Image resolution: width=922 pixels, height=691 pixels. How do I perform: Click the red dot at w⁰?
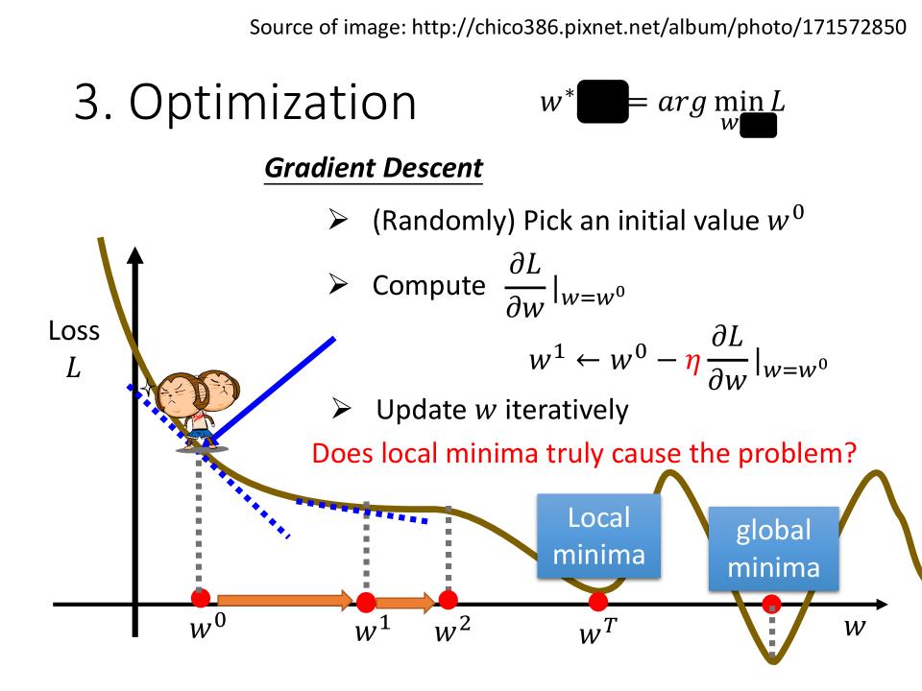tap(201, 598)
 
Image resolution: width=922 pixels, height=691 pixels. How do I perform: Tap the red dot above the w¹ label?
tap(366, 602)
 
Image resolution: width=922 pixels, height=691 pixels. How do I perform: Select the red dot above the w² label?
tap(449, 599)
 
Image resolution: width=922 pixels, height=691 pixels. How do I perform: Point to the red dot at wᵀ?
tap(598, 602)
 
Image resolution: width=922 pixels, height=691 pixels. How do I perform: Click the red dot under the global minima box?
tap(771, 604)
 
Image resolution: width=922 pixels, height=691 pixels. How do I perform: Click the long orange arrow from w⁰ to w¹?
tap(285, 600)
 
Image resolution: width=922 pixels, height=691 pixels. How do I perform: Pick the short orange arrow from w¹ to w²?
tap(405, 602)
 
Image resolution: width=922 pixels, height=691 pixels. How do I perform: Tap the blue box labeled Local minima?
tap(598, 536)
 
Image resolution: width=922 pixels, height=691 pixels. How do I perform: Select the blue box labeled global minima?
tap(773, 549)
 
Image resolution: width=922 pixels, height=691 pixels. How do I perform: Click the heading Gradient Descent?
tap(374, 168)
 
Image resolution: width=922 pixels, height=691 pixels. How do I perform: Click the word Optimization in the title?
tap(272, 103)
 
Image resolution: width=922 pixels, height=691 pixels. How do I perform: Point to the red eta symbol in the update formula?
tap(692, 363)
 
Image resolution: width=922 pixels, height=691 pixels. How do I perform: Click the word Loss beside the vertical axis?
tap(74, 331)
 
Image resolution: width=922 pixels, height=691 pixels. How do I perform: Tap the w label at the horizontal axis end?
tap(855, 627)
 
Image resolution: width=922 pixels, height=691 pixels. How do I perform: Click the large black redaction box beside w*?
tap(603, 102)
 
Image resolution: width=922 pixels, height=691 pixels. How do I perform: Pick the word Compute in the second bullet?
tap(428, 286)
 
